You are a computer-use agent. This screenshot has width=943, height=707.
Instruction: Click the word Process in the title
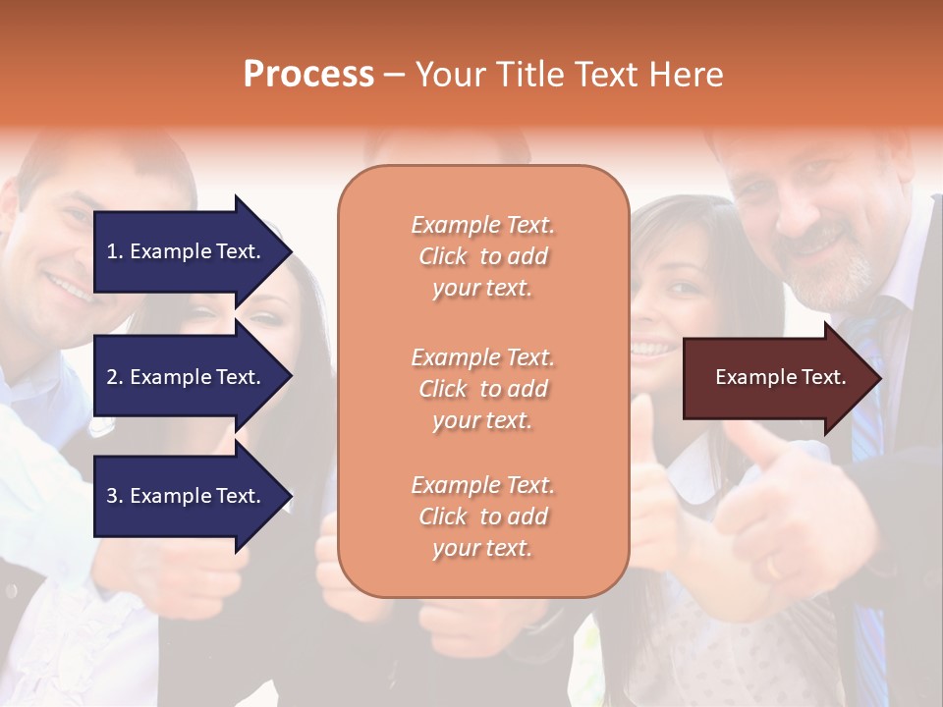[x=308, y=75]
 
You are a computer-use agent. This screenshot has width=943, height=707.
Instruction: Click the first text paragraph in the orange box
[x=482, y=256]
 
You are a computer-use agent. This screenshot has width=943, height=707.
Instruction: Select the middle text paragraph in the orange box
[x=482, y=389]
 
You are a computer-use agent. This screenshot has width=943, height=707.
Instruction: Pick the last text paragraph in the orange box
[x=482, y=517]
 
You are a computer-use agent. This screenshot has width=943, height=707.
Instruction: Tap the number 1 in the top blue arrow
[x=112, y=251]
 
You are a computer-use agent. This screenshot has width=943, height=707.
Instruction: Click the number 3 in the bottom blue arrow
[x=112, y=496]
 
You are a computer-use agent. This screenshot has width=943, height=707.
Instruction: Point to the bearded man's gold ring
[x=774, y=568]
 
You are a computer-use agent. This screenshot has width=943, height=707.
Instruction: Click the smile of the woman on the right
[x=650, y=347]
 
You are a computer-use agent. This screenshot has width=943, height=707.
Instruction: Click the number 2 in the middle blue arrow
[x=112, y=377]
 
